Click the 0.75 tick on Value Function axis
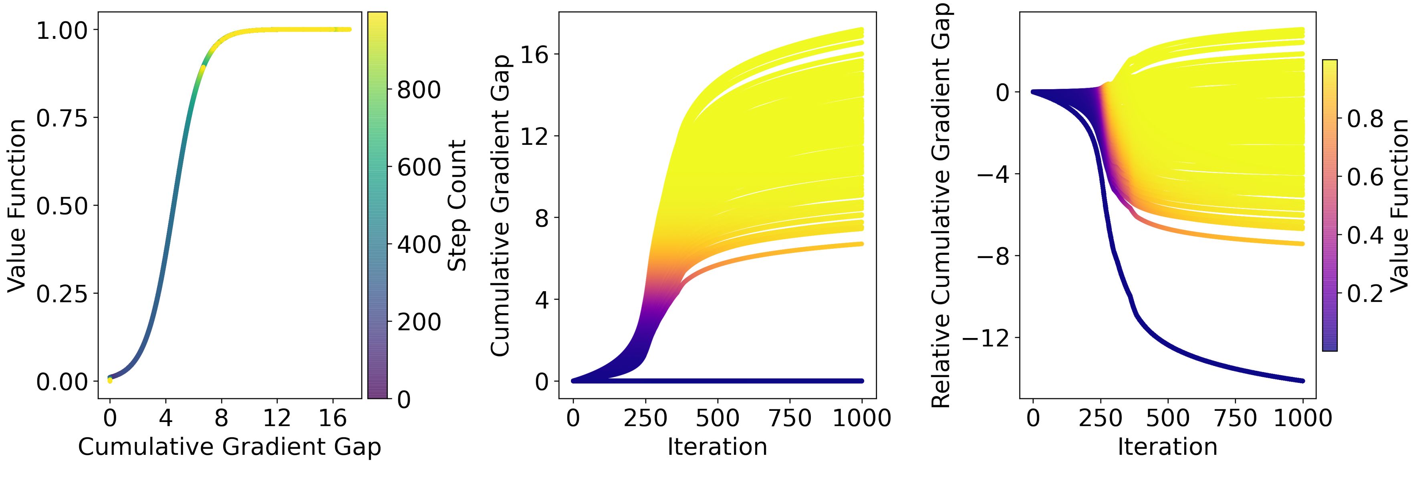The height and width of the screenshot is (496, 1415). [x=62, y=118]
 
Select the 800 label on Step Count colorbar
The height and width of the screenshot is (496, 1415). [x=419, y=90]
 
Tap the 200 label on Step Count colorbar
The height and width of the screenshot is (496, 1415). [x=419, y=322]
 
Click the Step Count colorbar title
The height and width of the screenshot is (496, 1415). [x=457, y=205]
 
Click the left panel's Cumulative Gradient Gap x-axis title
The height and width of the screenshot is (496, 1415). [x=229, y=447]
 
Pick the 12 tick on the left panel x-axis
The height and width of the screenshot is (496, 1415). [x=276, y=419]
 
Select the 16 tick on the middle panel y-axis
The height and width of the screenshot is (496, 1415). [x=534, y=54]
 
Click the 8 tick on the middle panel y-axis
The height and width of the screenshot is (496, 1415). [x=542, y=218]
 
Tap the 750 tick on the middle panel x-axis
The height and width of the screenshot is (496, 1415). [x=789, y=419]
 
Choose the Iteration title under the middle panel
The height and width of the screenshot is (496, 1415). [x=717, y=447]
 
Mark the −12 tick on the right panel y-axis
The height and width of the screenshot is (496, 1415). [x=986, y=338]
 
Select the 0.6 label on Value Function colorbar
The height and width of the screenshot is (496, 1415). [x=1365, y=177]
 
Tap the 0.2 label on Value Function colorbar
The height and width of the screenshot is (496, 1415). [x=1365, y=294]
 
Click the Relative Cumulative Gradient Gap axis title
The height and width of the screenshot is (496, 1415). [x=941, y=205]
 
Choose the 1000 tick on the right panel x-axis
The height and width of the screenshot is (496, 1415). [x=1302, y=419]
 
